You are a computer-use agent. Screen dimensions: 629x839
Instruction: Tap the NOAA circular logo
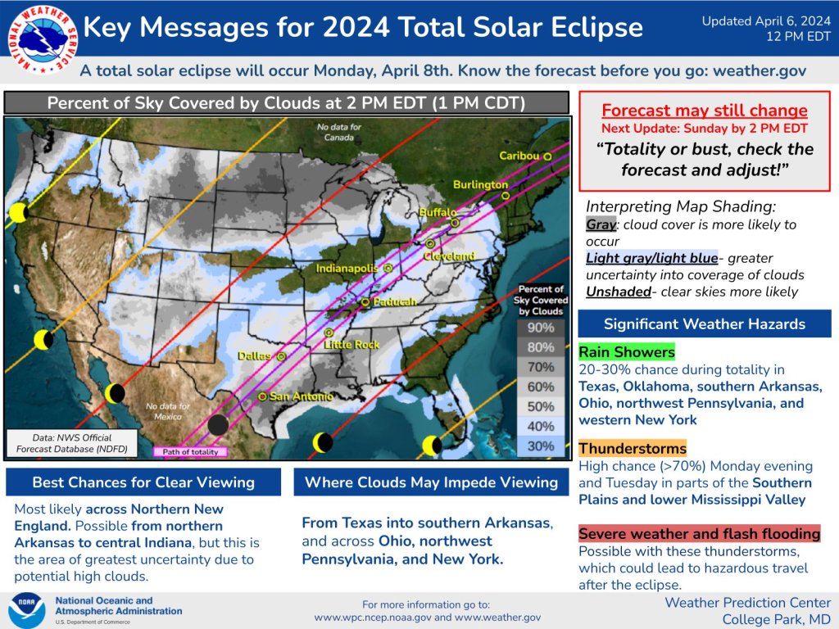pyautogui.click(x=26, y=610)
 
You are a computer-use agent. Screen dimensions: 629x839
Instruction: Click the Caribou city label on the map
pyautogui.click(x=519, y=156)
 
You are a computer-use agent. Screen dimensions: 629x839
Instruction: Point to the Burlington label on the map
pyautogui.click(x=480, y=185)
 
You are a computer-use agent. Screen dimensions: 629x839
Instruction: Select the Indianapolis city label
pyautogui.click(x=348, y=268)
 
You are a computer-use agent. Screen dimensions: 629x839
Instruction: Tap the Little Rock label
pyautogui.click(x=352, y=345)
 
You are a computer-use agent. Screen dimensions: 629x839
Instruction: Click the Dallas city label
pyautogui.click(x=255, y=356)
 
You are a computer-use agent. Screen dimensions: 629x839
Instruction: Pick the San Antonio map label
pyautogui.click(x=301, y=396)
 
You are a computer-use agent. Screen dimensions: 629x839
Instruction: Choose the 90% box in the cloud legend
pyautogui.click(x=540, y=328)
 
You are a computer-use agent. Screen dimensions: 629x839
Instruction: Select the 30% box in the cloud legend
pyautogui.click(x=540, y=446)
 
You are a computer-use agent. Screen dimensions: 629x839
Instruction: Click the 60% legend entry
pyautogui.click(x=540, y=387)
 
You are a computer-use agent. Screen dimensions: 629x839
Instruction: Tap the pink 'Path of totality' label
pyautogui.click(x=190, y=451)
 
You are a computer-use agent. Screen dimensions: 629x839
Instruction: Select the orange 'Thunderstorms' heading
pyautogui.click(x=632, y=448)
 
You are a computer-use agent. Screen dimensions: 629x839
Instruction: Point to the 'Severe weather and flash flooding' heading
pyautogui.click(x=699, y=534)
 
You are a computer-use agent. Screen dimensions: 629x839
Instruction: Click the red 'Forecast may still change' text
pyautogui.click(x=705, y=111)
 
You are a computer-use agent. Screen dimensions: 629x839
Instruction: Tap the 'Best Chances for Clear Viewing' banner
pyautogui.click(x=143, y=482)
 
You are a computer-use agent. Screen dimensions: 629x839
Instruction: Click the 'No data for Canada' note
pyautogui.click(x=339, y=131)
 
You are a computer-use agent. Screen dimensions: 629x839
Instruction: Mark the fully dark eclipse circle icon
pyautogui.click(x=218, y=424)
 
